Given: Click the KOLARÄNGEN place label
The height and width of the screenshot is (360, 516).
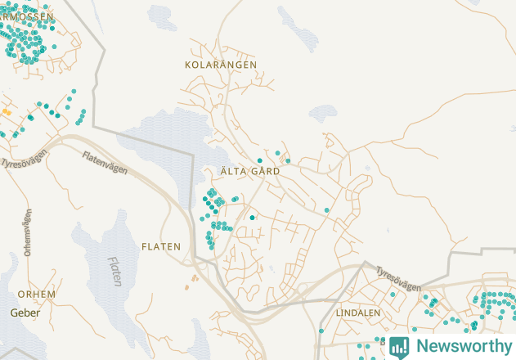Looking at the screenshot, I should pos(221,64).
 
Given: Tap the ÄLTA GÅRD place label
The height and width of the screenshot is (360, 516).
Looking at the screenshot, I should pos(250,172).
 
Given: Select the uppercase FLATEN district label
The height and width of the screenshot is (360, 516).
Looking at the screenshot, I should pos(161,246).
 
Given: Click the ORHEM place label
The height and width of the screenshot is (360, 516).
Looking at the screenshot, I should pos(37,294).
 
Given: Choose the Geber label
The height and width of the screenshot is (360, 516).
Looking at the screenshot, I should pos(25,313).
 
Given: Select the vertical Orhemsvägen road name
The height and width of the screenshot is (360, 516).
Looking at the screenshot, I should pos(28,232).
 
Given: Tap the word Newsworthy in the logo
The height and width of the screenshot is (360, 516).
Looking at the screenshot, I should pos(463,346).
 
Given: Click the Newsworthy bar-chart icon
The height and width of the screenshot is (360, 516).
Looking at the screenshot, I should pos(399,346).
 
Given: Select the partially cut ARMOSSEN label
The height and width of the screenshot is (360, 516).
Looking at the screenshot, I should pos(26,16).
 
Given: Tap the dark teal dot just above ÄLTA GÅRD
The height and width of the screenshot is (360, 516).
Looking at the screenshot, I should pos(260,160).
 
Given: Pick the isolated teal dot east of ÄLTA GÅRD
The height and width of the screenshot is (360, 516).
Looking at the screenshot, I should pos(327,210).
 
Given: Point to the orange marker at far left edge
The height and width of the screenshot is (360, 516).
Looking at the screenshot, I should pos(7,111).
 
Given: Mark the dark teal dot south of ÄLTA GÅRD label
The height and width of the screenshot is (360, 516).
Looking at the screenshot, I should pos(252,218).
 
